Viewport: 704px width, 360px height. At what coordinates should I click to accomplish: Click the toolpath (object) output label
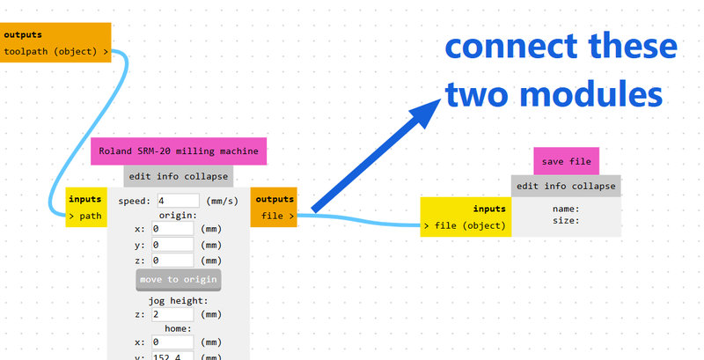pos(55,52)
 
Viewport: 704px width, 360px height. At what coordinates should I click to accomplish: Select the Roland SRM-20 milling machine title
pos(179,151)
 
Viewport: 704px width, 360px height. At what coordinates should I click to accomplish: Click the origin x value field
pos(172,229)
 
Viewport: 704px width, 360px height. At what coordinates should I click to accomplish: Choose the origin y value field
pos(172,245)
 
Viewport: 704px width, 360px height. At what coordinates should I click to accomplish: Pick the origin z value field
pos(172,261)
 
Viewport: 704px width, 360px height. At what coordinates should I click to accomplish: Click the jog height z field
pos(172,314)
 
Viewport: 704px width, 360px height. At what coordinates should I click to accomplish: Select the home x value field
pos(172,342)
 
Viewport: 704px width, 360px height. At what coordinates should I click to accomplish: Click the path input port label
pos(85,214)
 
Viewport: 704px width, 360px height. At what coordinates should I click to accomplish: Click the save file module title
pos(566,161)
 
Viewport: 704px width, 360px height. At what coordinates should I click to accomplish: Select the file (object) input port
pos(465,226)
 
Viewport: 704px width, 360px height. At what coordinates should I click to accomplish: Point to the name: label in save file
pos(565,209)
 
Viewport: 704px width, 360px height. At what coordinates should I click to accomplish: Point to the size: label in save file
pos(565,221)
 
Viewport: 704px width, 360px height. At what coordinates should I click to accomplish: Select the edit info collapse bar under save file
pos(566,186)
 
